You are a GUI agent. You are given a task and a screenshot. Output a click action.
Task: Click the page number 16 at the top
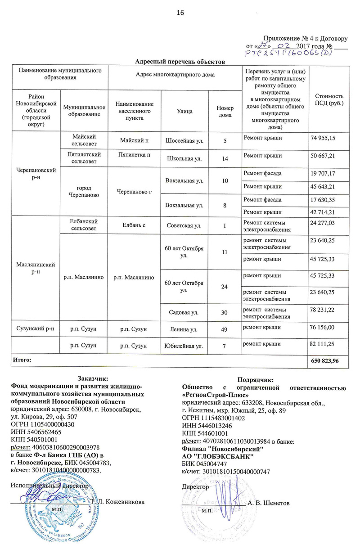click(x=180, y=13)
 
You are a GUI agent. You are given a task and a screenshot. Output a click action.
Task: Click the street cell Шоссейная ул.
click(x=184, y=141)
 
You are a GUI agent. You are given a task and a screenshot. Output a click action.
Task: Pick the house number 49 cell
click(x=225, y=331)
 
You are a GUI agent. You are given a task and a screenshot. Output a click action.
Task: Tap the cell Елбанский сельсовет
click(x=83, y=224)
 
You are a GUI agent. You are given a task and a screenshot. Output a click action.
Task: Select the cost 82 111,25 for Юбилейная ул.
click(x=323, y=344)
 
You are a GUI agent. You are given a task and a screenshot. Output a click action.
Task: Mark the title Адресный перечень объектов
click(x=180, y=61)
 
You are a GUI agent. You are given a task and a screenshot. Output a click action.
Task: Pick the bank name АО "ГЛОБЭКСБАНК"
click(x=218, y=457)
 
